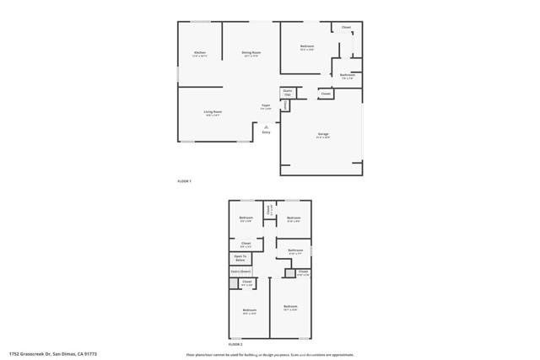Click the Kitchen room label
pos(199,53)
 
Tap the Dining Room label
pos(251,53)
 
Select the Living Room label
pos(213,112)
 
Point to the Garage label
pos(323,135)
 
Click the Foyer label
pos(266,106)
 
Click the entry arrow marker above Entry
pos(266,126)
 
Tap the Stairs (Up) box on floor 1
pos(288,92)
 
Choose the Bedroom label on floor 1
pos(307,46)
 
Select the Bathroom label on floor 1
pos(347,76)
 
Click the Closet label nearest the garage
pos(326,94)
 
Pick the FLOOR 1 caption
pos(184,182)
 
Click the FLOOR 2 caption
pos(235,345)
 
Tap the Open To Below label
pos(240,257)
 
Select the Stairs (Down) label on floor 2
pos(241,271)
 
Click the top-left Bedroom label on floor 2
pos(246,219)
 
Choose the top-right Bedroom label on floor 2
pos(293,219)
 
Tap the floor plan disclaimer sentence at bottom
pos(270,353)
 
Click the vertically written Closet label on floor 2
pos(269,210)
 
